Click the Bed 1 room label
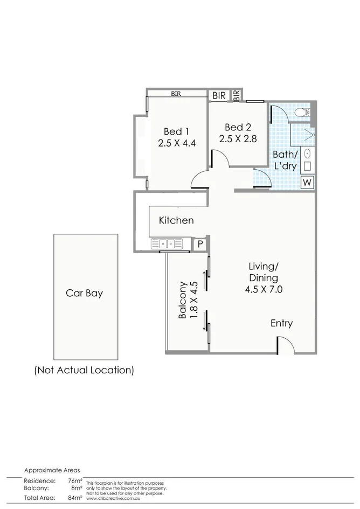176,131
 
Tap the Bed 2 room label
238,127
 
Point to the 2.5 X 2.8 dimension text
238,138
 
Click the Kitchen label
176,220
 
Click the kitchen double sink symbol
167,244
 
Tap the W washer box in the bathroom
307,183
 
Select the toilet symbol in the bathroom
303,113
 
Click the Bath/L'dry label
285,161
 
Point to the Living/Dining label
264,272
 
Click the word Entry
281,323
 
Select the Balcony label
183,301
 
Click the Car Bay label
84,294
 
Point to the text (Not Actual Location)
84,371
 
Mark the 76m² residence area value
75,480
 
